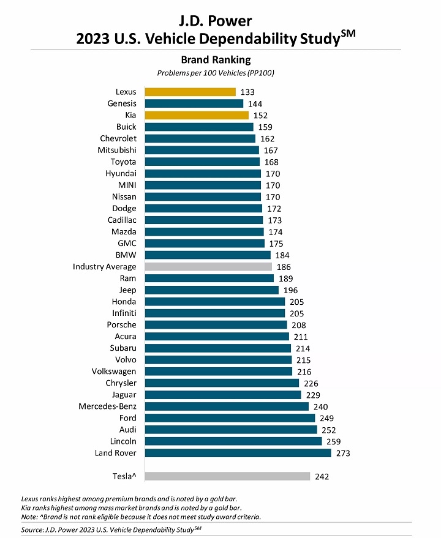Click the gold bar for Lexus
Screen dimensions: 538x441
point(190,92)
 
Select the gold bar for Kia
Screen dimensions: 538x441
point(197,115)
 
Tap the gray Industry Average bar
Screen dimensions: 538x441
point(208,267)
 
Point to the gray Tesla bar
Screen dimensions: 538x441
point(227,476)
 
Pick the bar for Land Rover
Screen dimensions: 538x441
point(238,453)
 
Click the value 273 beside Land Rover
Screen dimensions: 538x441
point(342,454)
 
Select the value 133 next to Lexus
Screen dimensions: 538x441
point(247,92)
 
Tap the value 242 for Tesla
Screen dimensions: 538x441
point(322,477)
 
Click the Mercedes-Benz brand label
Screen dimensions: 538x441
point(107,406)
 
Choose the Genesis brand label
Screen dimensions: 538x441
point(122,103)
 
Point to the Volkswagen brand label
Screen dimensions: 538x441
point(114,372)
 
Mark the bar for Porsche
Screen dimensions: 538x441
point(216,325)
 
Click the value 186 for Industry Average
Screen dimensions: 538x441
point(284,267)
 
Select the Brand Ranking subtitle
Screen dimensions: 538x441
point(216,60)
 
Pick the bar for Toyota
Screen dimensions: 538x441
point(202,162)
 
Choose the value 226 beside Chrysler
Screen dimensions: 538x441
point(311,384)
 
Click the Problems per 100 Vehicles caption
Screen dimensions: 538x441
point(216,73)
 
